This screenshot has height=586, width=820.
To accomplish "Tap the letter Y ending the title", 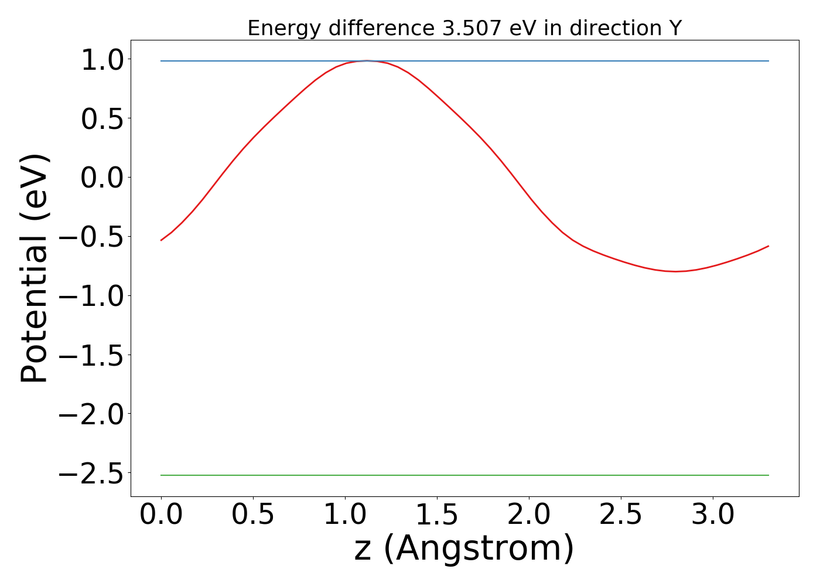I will coord(676,28).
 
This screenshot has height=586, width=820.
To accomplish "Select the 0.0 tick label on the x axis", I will coord(161,515).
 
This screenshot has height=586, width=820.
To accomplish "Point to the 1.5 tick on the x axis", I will coord(437,515).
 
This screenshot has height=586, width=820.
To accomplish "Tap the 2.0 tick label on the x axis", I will coord(529,515).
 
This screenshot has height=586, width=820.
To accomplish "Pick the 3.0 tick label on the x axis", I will coord(713,515).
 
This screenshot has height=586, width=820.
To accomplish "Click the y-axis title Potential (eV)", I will coord(35,268).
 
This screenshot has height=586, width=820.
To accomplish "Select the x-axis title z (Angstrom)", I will coord(464,549).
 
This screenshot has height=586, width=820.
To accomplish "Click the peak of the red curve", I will coord(367,60).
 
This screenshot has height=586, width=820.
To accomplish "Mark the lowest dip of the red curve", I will coord(676,271).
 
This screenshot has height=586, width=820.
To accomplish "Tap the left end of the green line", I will coord(162,475).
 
